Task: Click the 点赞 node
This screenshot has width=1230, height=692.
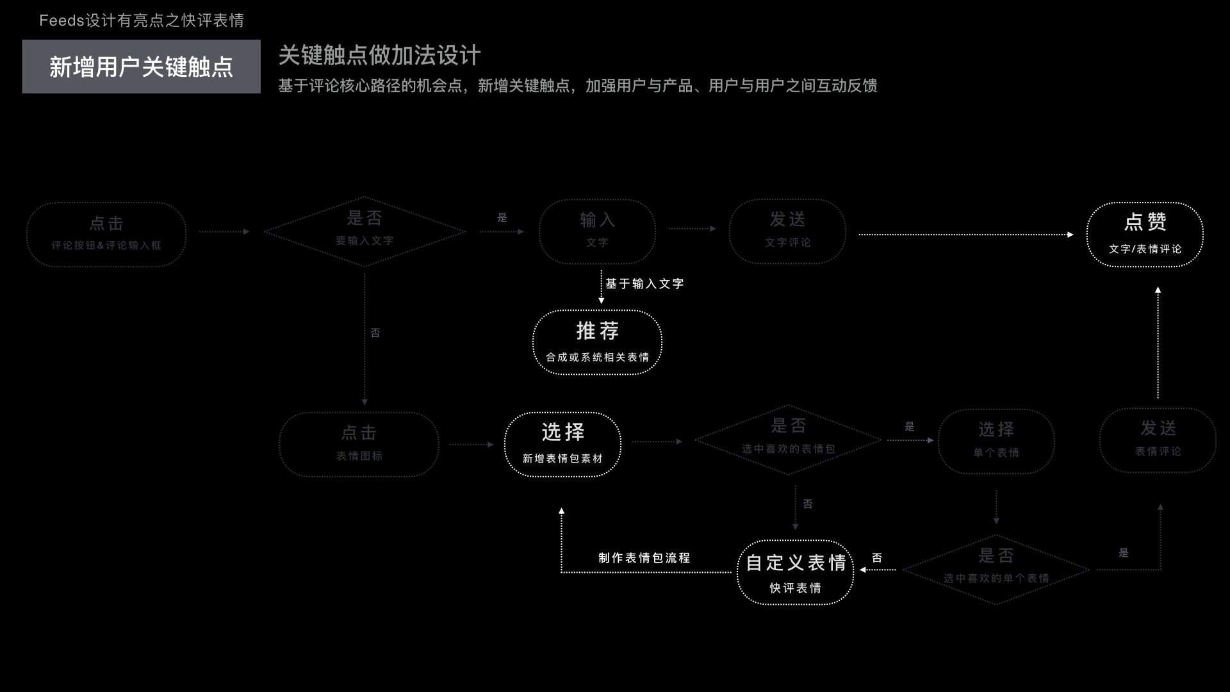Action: pyautogui.click(x=1145, y=234)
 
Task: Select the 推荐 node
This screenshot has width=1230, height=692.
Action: pyautogui.click(x=597, y=342)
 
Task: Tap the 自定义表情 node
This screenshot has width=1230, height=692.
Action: pyautogui.click(x=795, y=572)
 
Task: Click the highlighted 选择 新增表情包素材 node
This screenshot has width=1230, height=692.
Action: pyautogui.click(x=562, y=444)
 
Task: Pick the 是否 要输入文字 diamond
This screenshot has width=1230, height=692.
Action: pyautogui.click(x=365, y=231)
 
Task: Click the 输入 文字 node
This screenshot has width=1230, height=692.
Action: pyautogui.click(x=597, y=231)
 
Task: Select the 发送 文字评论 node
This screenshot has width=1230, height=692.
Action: pyautogui.click(x=787, y=231)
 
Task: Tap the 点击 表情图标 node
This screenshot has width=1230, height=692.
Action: pyautogui.click(x=359, y=444)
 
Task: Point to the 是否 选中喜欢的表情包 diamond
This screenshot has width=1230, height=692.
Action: pyautogui.click(x=789, y=440)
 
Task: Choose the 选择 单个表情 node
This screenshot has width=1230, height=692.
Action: pyautogui.click(x=996, y=441)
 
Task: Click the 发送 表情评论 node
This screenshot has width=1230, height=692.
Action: pyautogui.click(x=1158, y=440)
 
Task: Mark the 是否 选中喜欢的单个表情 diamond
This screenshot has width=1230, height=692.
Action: pyautogui.click(x=996, y=569)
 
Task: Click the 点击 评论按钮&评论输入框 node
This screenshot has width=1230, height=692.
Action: pyautogui.click(x=106, y=234)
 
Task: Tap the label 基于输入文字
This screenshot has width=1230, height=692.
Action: pyautogui.click(x=644, y=283)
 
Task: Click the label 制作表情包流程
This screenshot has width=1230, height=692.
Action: pyautogui.click(x=644, y=557)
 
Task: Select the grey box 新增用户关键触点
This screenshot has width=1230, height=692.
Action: pyautogui.click(x=141, y=67)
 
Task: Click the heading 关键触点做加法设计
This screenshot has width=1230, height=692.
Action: pyautogui.click(x=379, y=56)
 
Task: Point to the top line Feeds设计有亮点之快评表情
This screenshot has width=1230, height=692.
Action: pyautogui.click(x=142, y=21)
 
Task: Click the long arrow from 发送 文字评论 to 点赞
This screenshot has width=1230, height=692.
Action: pyautogui.click(x=965, y=235)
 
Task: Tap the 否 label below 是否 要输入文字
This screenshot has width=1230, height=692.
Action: pyautogui.click(x=375, y=333)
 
